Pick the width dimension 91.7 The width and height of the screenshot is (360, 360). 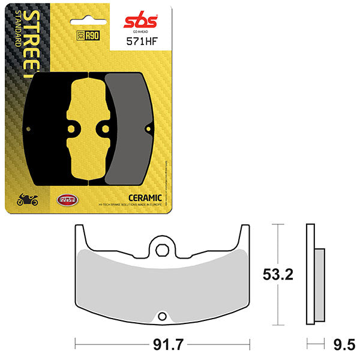point(161,344)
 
